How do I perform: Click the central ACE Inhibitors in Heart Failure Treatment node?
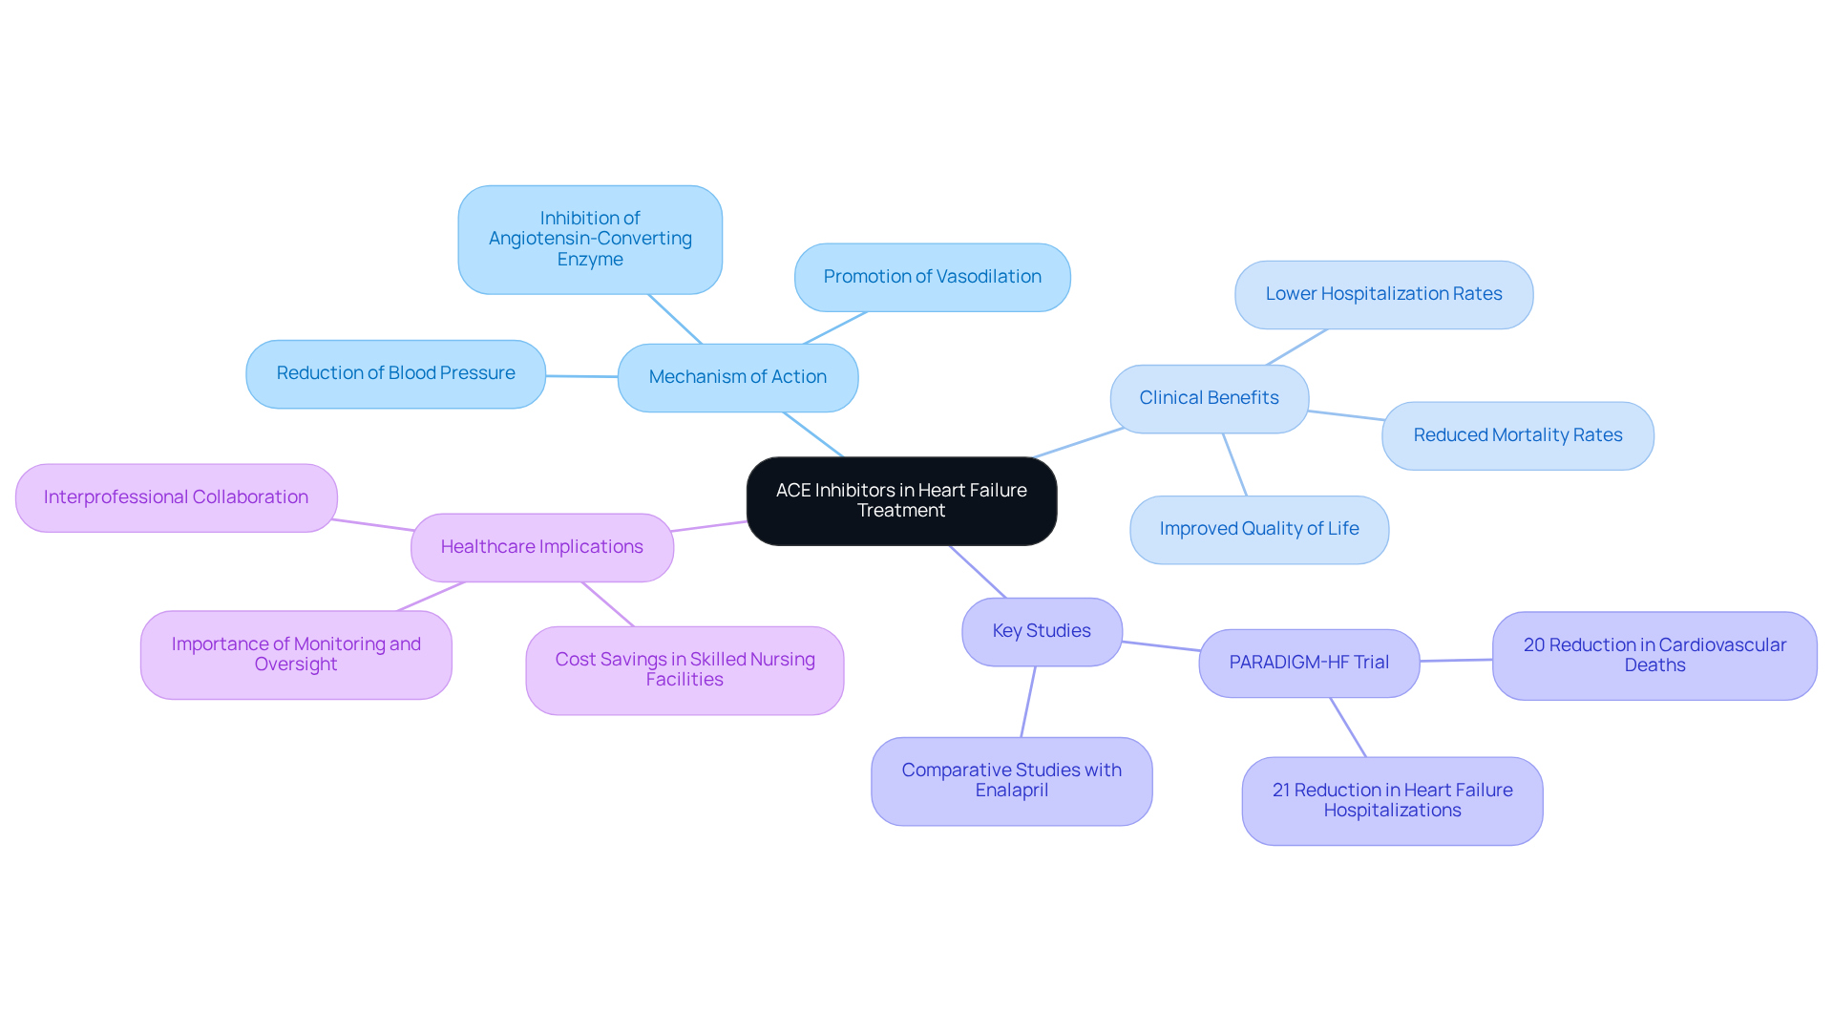[x=901, y=500]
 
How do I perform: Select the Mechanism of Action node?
[x=737, y=377]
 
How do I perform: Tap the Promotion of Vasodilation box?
[x=932, y=277]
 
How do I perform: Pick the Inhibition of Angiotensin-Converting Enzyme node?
[x=590, y=239]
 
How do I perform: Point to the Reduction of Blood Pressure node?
[x=395, y=373]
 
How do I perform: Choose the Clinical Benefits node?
[x=1209, y=398]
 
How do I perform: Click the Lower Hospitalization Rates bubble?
[x=1383, y=294]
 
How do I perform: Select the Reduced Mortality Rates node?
[x=1517, y=435]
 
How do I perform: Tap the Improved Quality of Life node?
[x=1258, y=529]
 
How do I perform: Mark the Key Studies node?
[x=1042, y=631]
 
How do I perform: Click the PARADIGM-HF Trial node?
[x=1309, y=663]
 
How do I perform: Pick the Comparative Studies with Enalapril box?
[x=1011, y=780]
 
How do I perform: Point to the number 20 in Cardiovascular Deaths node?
[x=1534, y=645]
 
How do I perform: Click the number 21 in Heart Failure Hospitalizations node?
[x=1281, y=791]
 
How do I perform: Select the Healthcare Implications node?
[x=541, y=547]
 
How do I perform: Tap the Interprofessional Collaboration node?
[x=176, y=497]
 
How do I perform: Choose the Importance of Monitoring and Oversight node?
[x=296, y=654]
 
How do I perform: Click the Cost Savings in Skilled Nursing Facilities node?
[x=685, y=669]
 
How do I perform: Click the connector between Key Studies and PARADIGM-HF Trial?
[x=1161, y=646]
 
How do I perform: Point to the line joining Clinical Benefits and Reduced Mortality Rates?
[x=1346, y=415]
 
